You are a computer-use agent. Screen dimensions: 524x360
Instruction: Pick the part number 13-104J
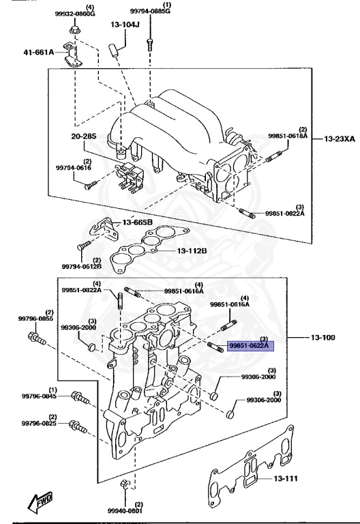(x=125, y=25)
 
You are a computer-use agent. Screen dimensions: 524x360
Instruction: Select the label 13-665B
(x=138, y=223)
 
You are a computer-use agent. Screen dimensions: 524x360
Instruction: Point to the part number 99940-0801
(x=125, y=510)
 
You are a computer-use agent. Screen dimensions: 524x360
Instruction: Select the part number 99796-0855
(x=37, y=319)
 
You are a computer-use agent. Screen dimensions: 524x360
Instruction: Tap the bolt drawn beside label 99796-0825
(x=78, y=428)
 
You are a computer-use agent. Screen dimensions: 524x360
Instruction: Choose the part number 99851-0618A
(x=288, y=136)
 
